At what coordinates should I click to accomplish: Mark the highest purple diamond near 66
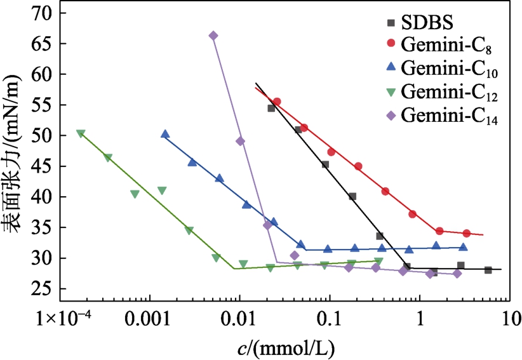click(213, 36)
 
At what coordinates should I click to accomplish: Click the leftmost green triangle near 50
click(81, 134)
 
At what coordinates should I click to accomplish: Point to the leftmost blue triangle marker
click(165, 134)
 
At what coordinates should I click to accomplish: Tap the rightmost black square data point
click(488, 270)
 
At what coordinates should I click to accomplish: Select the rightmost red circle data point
click(467, 233)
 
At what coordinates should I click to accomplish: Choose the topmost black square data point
click(271, 108)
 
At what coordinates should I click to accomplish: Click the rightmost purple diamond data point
click(457, 274)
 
